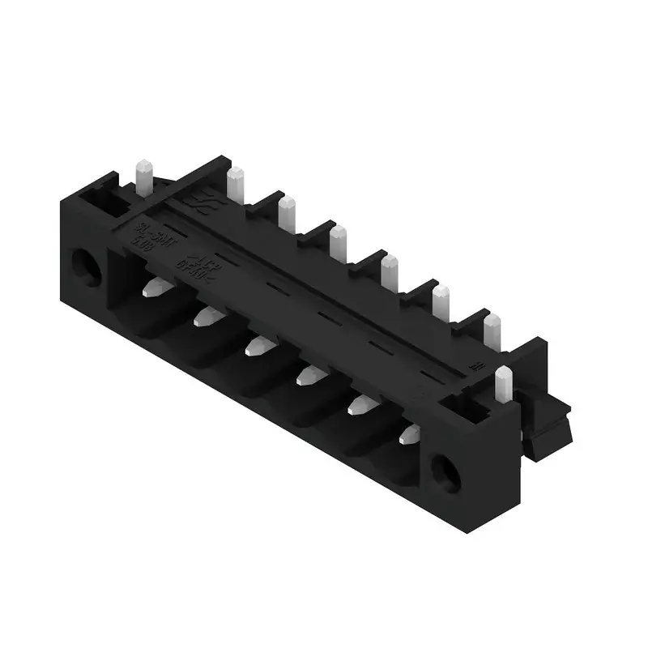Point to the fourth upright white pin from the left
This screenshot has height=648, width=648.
coord(339,241)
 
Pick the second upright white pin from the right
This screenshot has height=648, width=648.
coord(491,331)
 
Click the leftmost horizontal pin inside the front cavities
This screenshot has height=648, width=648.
coord(153,287)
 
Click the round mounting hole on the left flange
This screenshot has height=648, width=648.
coord(84,267)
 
